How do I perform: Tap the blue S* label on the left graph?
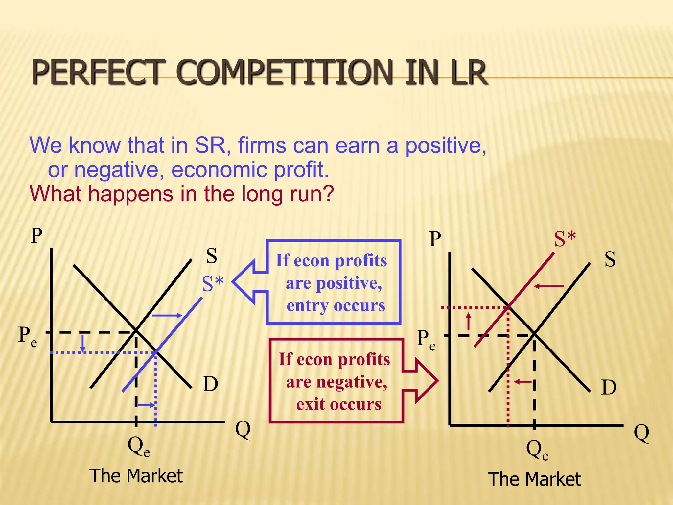pos(213,283)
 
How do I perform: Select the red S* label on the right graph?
pos(565,239)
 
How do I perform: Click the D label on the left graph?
pos(210,384)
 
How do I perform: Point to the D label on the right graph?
pos(609,387)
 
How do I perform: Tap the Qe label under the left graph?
pos(138,447)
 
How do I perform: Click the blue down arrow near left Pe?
pos(83,343)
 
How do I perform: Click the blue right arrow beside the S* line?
pos(167,315)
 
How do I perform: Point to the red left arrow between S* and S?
pos(549,286)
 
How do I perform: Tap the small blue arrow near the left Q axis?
pos(146,405)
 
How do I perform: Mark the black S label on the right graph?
pos(610,259)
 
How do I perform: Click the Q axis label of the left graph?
pos(243,429)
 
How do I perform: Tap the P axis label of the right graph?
pos(435,239)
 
